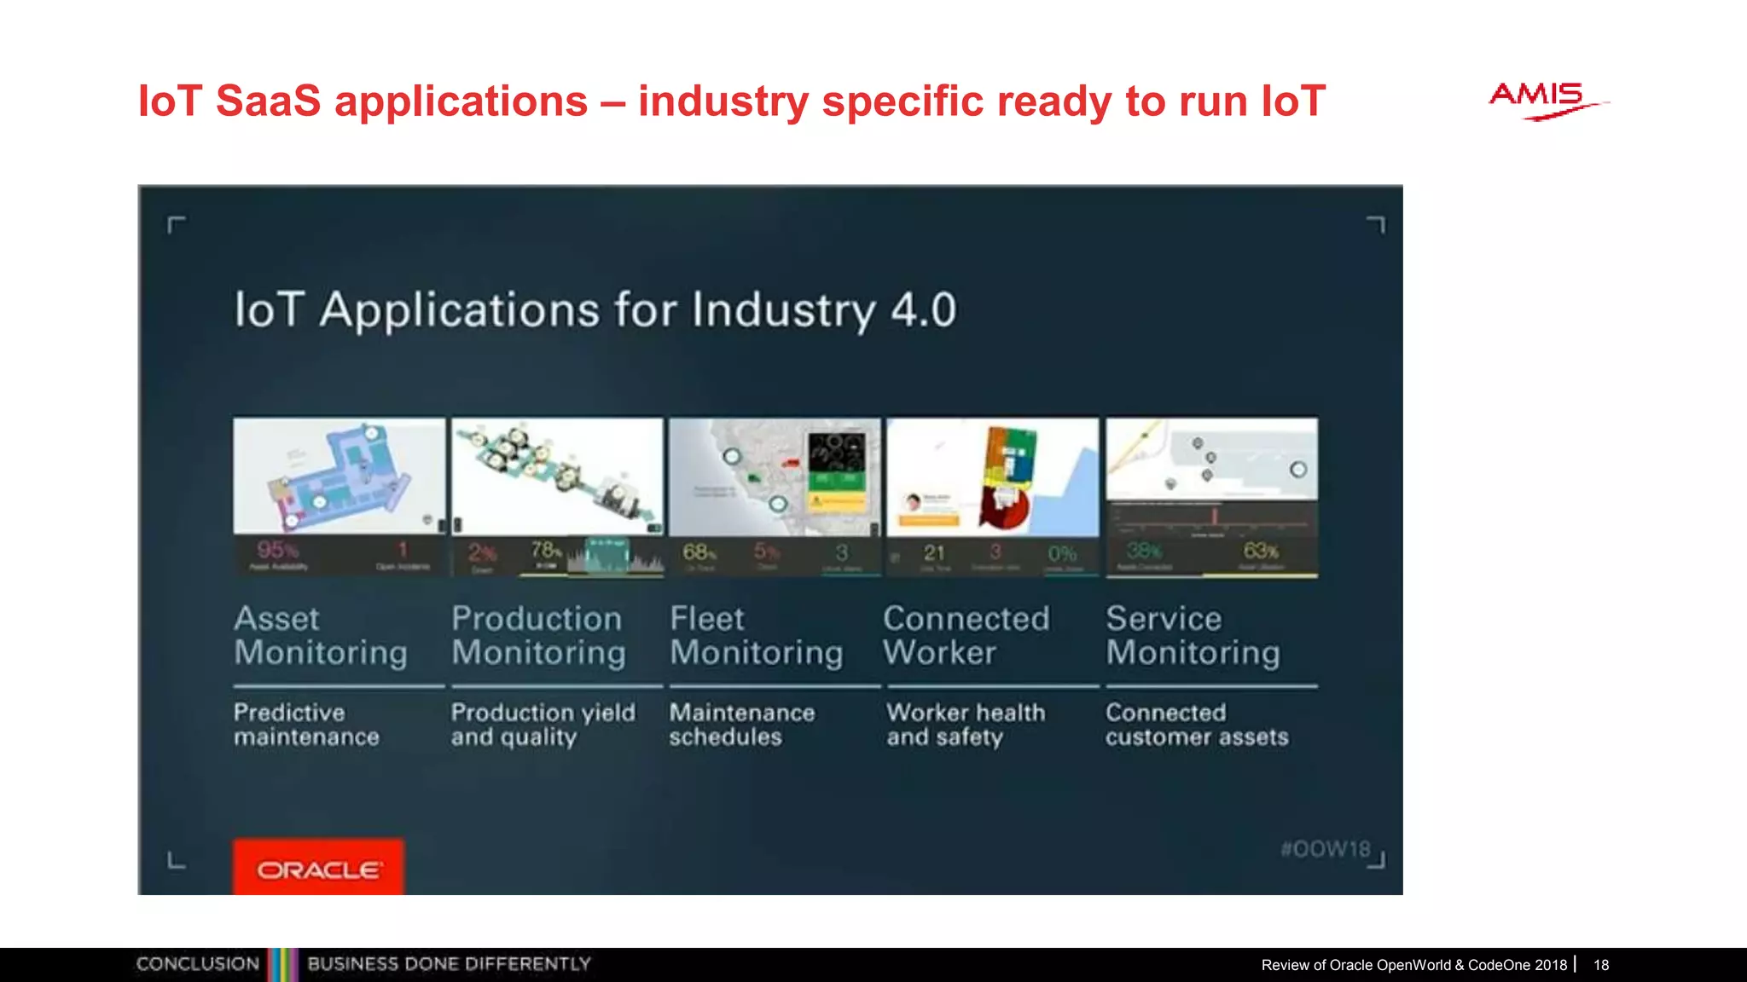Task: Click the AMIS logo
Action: [1542, 101]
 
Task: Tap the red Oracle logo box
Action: [318, 868]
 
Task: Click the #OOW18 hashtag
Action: [1325, 849]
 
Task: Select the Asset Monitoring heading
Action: [320, 635]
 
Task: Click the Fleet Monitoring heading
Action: [756, 635]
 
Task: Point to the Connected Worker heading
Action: [966, 635]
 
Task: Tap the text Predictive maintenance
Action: [305, 725]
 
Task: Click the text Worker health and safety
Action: [965, 725]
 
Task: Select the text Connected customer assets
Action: [1196, 725]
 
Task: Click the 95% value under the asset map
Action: [277, 550]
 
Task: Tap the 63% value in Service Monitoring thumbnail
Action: [1260, 551]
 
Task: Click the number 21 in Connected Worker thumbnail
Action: [934, 553]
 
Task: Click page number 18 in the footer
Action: [1601, 965]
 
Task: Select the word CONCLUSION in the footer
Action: [197, 964]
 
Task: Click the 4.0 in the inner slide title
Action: [924, 309]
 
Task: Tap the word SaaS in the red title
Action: [268, 101]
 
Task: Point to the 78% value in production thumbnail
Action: [546, 550]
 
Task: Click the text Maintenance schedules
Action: [741, 725]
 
